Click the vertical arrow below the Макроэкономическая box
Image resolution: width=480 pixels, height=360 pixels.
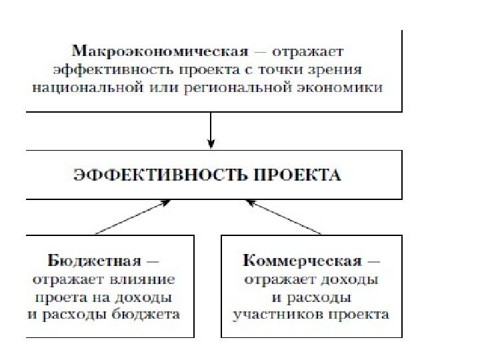211,129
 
